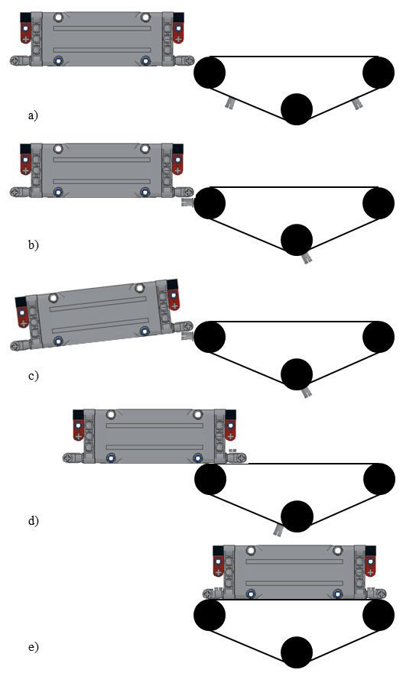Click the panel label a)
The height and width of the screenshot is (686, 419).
click(x=33, y=115)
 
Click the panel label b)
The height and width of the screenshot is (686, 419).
click(x=34, y=244)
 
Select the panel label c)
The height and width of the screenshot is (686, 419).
click(x=34, y=375)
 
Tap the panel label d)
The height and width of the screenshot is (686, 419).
click(x=34, y=521)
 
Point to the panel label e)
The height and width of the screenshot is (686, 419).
click(x=34, y=646)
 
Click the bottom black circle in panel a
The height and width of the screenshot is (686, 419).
click(x=297, y=109)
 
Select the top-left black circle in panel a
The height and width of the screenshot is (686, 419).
click(x=209, y=72)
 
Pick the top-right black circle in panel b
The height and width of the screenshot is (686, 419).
click(x=378, y=203)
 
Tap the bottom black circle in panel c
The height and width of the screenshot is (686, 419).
click(x=297, y=374)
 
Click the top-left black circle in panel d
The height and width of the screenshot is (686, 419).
click(x=210, y=479)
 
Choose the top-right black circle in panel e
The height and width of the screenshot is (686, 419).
click(x=378, y=615)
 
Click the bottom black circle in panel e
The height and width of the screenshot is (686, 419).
click(x=297, y=652)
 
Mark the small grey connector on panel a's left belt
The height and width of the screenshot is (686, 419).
click(x=229, y=103)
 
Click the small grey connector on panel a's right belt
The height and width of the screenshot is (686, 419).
click(x=358, y=104)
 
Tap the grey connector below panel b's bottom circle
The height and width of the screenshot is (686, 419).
click(x=307, y=258)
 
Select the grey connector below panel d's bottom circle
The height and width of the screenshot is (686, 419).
click(x=278, y=530)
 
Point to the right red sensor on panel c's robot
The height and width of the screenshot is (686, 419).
click(x=174, y=299)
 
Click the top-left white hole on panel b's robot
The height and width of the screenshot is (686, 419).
click(x=58, y=149)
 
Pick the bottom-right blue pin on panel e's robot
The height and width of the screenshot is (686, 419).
click(x=337, y=594)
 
